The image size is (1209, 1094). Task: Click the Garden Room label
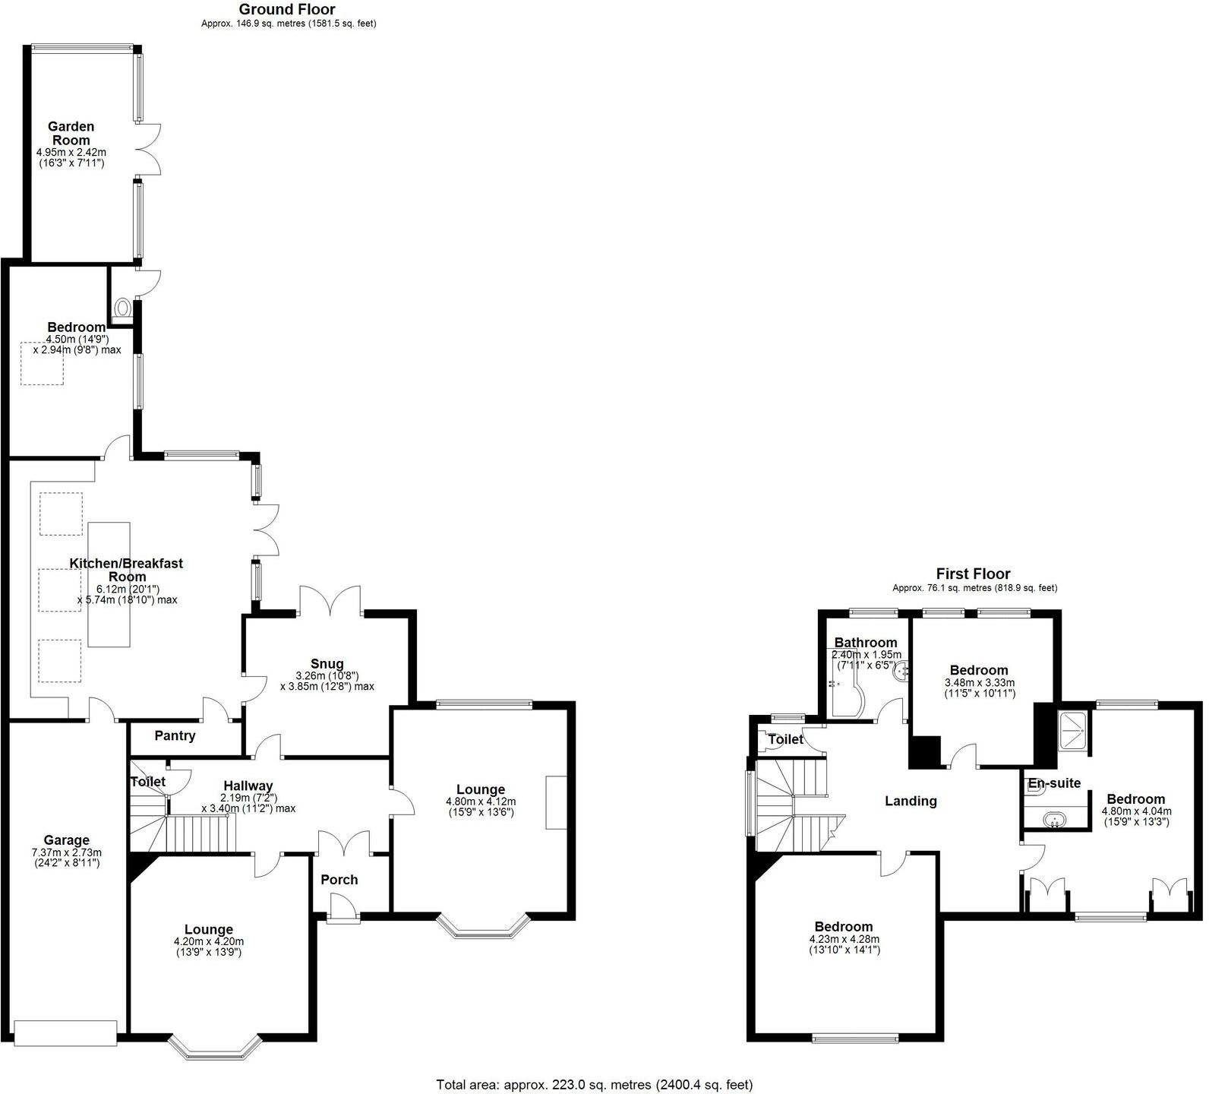pos(71,133)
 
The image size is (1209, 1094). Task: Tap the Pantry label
pos(175,735)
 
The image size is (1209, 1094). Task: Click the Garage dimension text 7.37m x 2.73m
pos(66,852)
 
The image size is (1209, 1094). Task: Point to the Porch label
pos(339,879)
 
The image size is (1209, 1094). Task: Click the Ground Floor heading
pos(287,9)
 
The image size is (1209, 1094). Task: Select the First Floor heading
pos(973,574)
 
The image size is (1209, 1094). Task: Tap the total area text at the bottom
pos(594,1084)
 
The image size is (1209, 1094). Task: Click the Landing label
pos(911,801)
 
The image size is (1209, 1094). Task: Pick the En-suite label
pos(1054,783)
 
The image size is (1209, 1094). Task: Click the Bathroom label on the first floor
pos(866,642)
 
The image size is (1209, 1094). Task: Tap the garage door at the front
pos(65,1033)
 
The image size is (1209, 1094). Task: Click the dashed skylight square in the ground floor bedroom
pos(42,363)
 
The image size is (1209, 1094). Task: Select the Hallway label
pos(248,786)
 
